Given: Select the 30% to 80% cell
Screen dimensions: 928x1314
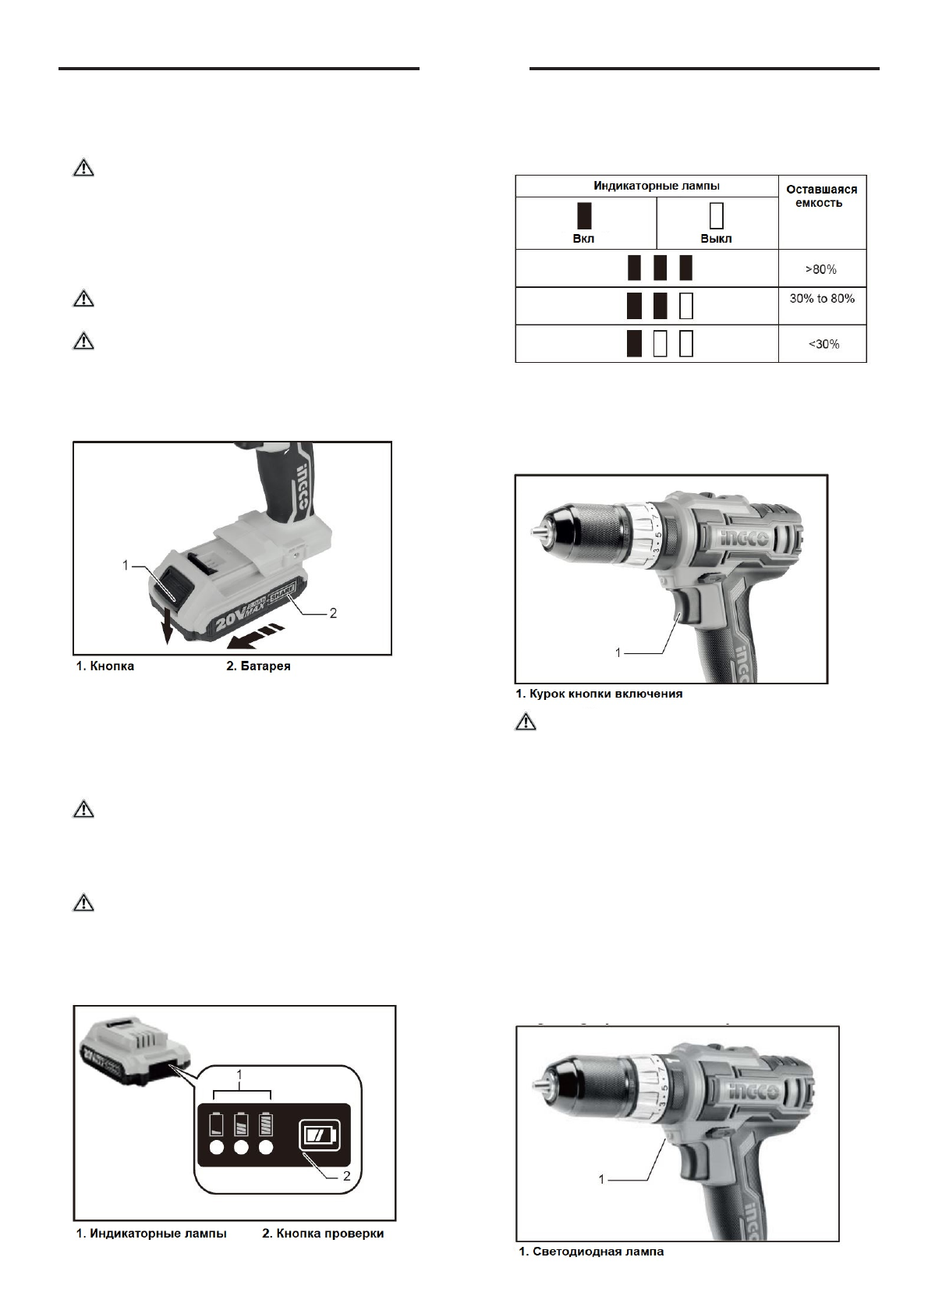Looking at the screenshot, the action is pos(822,299).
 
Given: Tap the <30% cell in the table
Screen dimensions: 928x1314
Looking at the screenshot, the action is pos(822,344).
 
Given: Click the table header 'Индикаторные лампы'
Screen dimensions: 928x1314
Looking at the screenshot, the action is pos(646,186).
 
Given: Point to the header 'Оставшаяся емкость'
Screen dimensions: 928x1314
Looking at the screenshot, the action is pos(821,196).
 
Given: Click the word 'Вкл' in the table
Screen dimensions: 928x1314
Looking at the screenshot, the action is pos(583,239).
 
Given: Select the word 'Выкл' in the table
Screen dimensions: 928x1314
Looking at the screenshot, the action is pos(716,239).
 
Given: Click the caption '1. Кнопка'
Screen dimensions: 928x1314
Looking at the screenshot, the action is pos(105,666).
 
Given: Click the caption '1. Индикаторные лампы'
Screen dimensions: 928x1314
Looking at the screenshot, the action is pos(151,1234).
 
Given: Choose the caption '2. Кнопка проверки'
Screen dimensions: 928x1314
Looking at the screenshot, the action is pos(323,1234).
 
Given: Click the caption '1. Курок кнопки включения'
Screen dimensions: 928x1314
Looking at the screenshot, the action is pos(599,694).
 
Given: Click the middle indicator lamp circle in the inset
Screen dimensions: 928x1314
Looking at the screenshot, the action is pos(241,1148).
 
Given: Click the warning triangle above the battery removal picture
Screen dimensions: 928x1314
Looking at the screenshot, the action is pos(83,341).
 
